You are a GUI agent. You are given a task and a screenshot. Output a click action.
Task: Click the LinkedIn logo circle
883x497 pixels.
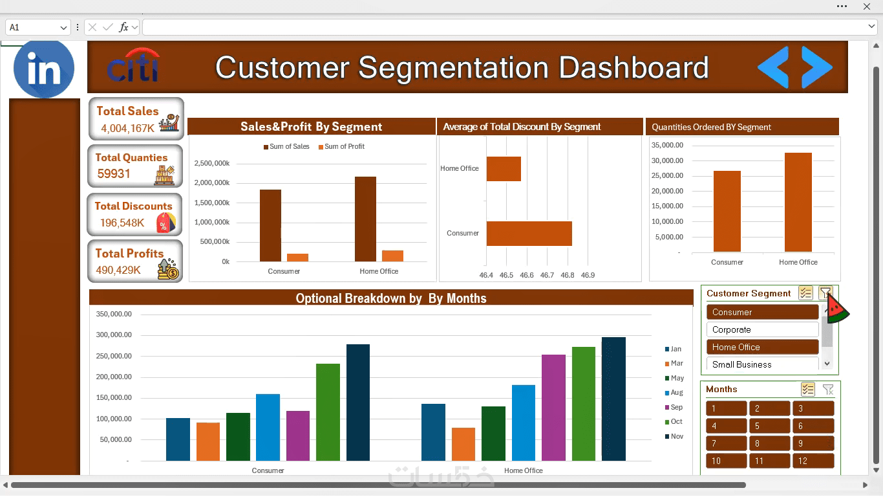[x=44, y=69]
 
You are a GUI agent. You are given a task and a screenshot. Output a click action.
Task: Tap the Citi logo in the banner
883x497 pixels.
[x=133, y=65]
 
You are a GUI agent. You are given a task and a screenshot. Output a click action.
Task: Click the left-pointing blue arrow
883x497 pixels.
[x=773, y=67]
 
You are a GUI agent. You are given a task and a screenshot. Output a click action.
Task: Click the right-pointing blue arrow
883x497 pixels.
[x=817, y=67]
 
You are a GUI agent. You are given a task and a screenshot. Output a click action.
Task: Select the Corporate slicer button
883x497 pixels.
[x=762, y=329]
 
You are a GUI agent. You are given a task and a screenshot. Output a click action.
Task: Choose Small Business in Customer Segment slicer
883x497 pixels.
[x=762, y=364]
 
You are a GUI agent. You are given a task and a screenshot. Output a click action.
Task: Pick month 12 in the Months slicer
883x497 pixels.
[x=813, y=461]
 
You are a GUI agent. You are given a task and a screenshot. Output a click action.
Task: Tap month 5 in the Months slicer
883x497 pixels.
[x=769, y=426]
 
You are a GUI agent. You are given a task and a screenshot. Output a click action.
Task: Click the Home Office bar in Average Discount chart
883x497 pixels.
[x=504, y=169]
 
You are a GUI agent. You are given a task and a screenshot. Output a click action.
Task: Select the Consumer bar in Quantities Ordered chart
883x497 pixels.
[x=727, y=211]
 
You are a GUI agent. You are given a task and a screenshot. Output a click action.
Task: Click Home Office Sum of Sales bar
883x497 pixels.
[x=365, y=219]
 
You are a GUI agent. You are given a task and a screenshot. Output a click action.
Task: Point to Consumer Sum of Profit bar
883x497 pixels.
[x=297, y=258]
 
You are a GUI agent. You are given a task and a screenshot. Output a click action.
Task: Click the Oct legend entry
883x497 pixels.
[x=674, y=421]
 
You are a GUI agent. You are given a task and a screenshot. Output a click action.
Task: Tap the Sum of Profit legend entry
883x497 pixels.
[x=341, y=146]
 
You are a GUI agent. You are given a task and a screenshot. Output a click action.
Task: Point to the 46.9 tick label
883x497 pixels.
[x=588, y=275]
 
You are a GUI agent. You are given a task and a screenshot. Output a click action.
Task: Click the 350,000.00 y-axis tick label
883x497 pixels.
[x=114, y=315]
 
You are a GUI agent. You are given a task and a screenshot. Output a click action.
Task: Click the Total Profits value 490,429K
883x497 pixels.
[x=118, y=270]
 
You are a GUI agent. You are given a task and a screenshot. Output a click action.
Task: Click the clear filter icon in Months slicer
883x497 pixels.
[x=828, y=390]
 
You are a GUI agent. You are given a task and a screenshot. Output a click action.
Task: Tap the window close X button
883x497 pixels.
[x=866, y=6]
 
